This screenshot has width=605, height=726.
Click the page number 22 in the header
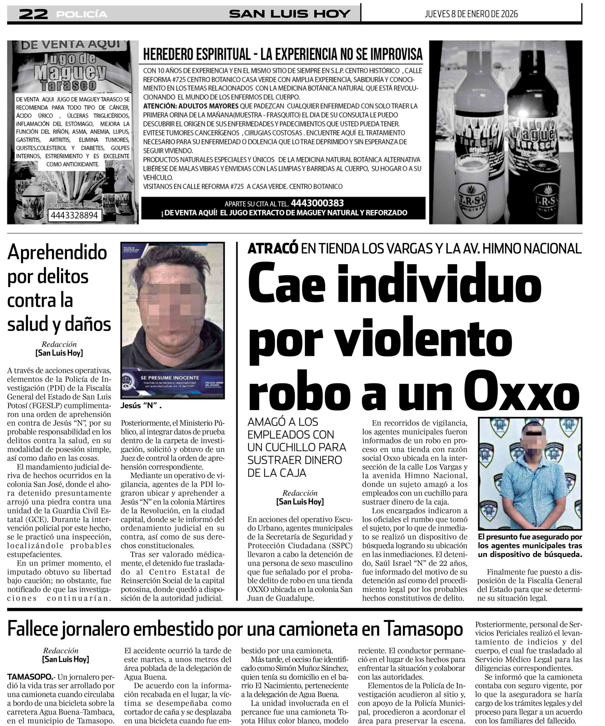pyautogui.click(x=33, y=14)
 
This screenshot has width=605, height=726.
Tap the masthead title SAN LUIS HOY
pyautogui.click(x=289, y=14)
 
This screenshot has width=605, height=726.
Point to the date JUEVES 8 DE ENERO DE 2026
pyautogui.click(x=471, y=14)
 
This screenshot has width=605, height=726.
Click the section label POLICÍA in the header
pyautogui.click(x=82, y=14)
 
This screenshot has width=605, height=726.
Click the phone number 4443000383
pyautogui.click(x=317, y=203)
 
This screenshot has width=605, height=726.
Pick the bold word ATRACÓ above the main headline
pyautogui.click(x=272, y=248)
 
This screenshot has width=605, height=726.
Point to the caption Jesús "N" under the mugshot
pyautogui.click(x=141, y=406)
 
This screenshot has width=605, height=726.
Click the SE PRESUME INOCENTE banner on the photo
pyautogui.click(x=169, y=377)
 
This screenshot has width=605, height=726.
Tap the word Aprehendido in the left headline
pyautogui.click(x=57, y=253)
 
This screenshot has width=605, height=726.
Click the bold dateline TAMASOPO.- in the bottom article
pyautogui.click(x=30, y=677)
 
